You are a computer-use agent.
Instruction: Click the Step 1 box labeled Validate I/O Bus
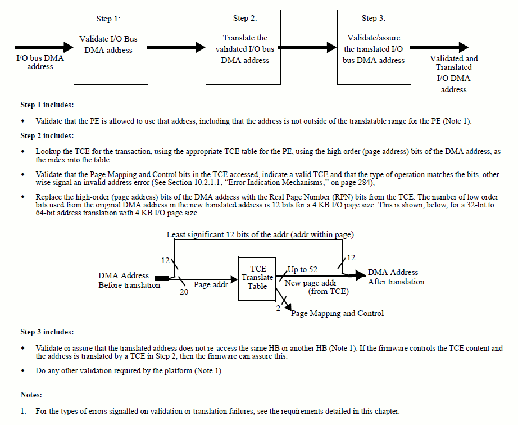point(108,47)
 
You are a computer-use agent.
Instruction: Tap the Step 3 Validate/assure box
point(374,47)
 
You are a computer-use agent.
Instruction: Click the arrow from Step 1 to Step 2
point(176,47)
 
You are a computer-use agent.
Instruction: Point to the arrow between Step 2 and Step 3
point(307,47)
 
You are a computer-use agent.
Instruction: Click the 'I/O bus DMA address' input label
point(40,62)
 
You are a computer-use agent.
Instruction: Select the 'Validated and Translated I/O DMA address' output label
point(453,74)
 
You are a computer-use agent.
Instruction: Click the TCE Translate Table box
point(257,278)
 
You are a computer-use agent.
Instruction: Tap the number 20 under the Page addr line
point(184,291)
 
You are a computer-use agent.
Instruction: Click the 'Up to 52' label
point(302,270)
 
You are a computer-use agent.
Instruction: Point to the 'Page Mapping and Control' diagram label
point(337,313)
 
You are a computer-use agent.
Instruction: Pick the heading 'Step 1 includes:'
point(47,105)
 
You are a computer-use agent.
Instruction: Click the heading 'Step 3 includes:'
point(47,332)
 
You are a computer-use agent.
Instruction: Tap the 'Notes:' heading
point(31,395)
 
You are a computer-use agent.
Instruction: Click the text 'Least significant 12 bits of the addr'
point(236,234)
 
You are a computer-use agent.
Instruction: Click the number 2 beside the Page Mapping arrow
point(278,308)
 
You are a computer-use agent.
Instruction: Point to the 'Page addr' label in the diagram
point(211,285)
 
